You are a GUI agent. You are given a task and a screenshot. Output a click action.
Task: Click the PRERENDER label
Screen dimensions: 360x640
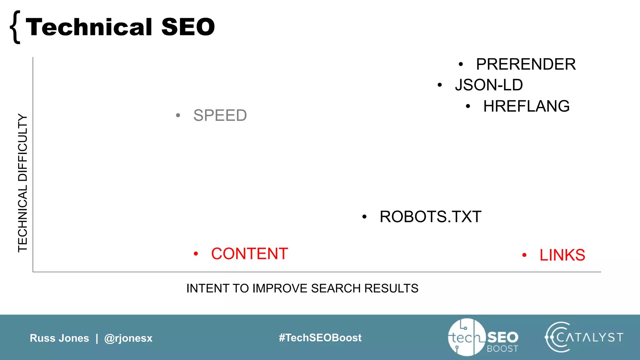click(526, 64)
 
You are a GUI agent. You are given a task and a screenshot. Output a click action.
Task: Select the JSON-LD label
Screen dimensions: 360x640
click(489, 85)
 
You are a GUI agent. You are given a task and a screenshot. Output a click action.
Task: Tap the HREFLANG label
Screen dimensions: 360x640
click(526, 106)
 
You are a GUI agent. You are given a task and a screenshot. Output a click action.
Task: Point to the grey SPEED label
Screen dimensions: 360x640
click(220, 115)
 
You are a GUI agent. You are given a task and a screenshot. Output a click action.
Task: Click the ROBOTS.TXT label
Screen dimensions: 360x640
click(430, 217)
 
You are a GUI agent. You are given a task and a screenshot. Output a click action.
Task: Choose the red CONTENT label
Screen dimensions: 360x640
click(249, 254)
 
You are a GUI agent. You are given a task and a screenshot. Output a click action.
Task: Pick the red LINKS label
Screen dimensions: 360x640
click(562, 255)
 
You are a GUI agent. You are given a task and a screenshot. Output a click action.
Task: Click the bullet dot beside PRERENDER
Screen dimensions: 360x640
click(461, 64)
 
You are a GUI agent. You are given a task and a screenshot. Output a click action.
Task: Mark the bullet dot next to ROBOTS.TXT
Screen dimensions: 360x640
click(364, 217)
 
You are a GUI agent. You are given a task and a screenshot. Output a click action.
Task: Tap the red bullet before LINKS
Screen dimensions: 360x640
click(524, 255)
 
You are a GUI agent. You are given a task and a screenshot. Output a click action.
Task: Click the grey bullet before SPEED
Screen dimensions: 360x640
click(178, 115)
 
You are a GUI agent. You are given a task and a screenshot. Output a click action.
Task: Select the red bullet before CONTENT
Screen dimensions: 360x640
click(196, 253)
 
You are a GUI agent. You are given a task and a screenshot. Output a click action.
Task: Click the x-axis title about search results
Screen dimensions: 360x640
click(302, 288)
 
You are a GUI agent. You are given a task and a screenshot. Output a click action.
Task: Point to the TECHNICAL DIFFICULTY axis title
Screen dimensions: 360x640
click(22, 183)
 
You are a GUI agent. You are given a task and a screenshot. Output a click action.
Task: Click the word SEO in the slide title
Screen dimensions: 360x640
click(188, 27)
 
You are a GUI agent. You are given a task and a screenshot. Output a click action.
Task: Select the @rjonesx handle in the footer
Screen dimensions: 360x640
click(128, 338)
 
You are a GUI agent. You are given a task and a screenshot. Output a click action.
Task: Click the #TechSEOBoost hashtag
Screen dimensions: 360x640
click(320, 337)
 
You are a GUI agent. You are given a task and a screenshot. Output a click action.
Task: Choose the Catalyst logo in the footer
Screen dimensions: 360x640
click(584, 337)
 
